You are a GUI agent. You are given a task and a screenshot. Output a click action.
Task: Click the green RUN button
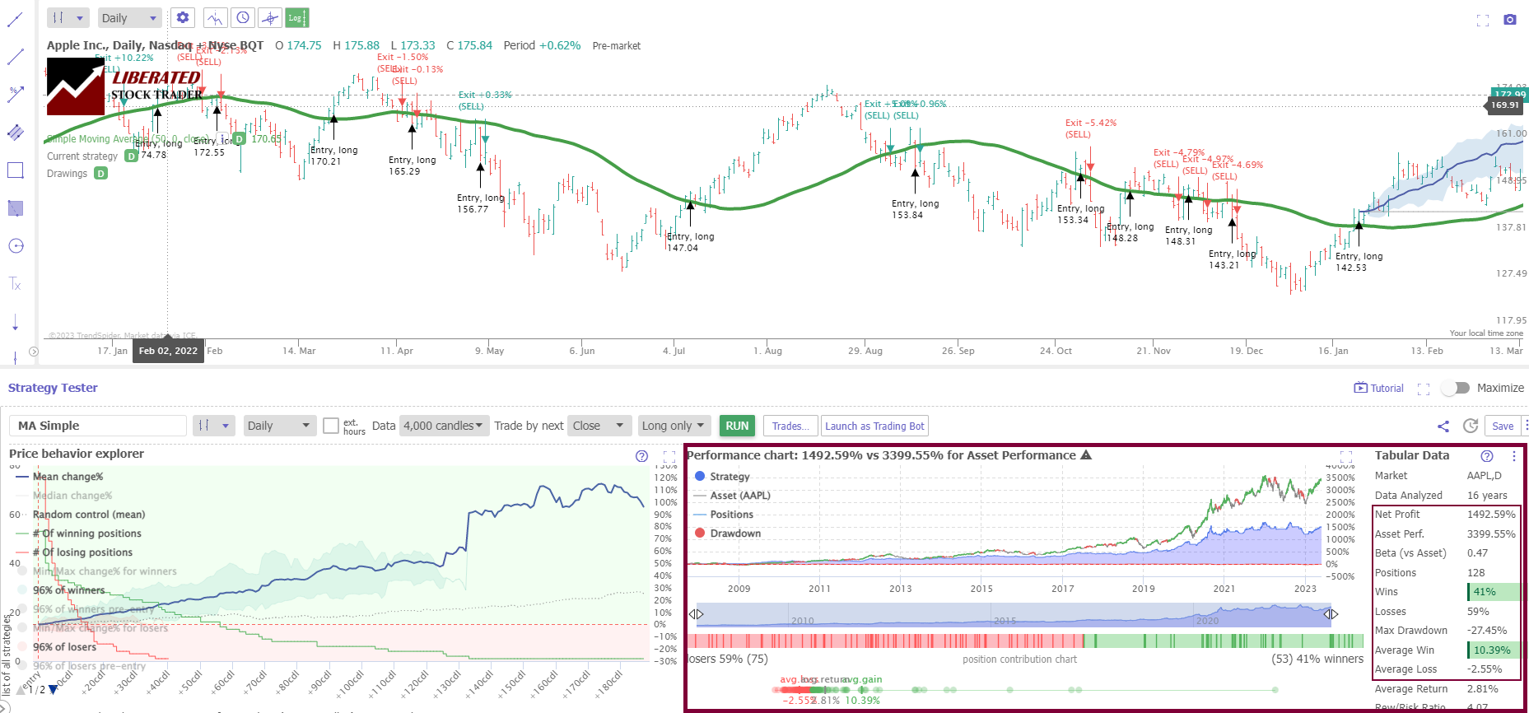tap(737, 426)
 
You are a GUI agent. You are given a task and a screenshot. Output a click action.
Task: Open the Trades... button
tap(790, 426)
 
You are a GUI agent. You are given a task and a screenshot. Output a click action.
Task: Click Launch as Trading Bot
tap(874, 426)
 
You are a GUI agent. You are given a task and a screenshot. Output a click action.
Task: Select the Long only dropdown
tap(673, 426)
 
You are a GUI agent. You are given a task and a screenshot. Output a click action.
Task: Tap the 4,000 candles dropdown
tap(443, 426)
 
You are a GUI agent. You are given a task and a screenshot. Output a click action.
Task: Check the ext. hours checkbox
tap(331, 426)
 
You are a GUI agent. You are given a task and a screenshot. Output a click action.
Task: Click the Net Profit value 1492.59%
tap(1490, 515)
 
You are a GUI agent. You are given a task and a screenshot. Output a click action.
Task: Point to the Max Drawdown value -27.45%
tap(1486, 631)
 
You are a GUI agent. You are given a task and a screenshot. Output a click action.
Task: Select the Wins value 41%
tap(1485, 592)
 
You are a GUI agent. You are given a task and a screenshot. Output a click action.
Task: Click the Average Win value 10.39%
tap(1492, 650)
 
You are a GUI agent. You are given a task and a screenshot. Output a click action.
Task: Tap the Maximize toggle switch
tap(1456, 388)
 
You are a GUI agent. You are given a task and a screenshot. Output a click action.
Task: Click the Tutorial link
tap(1379, 388)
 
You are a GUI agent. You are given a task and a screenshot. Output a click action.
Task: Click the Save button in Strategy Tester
tap(1503, 426)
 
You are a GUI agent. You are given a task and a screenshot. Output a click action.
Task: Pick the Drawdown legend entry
tap(734, 534)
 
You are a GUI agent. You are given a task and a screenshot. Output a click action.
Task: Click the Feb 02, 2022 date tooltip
tap(168, 351)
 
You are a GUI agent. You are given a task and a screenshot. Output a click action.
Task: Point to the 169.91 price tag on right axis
tap(1504, 105)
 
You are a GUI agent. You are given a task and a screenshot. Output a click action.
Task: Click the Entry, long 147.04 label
tap(690, 242)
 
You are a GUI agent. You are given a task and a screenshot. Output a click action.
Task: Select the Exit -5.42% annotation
tap(1090, 123)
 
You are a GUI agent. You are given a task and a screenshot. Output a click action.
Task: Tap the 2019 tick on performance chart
tap(1143, 589)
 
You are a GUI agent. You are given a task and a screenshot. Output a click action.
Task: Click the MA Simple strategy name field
tap(97, 426)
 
